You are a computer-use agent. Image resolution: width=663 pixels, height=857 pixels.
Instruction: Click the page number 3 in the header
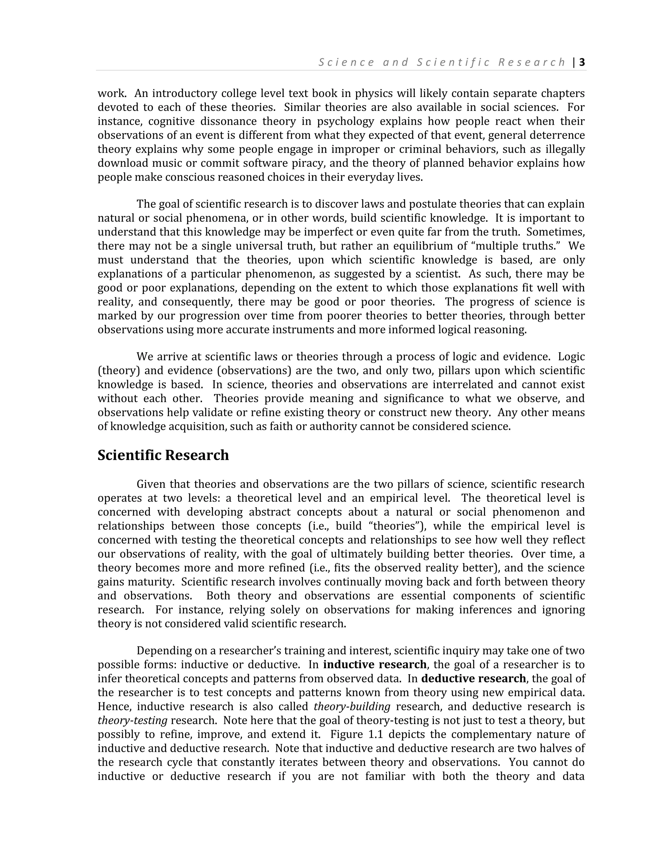582,62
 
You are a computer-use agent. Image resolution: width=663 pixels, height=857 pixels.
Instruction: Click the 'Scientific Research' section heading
163,455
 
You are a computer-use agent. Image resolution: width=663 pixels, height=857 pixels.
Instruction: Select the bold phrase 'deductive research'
473,678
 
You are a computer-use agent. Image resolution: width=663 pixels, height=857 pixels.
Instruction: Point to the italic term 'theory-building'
352,707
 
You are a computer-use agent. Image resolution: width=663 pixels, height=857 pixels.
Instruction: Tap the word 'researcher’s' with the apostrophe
249,651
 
